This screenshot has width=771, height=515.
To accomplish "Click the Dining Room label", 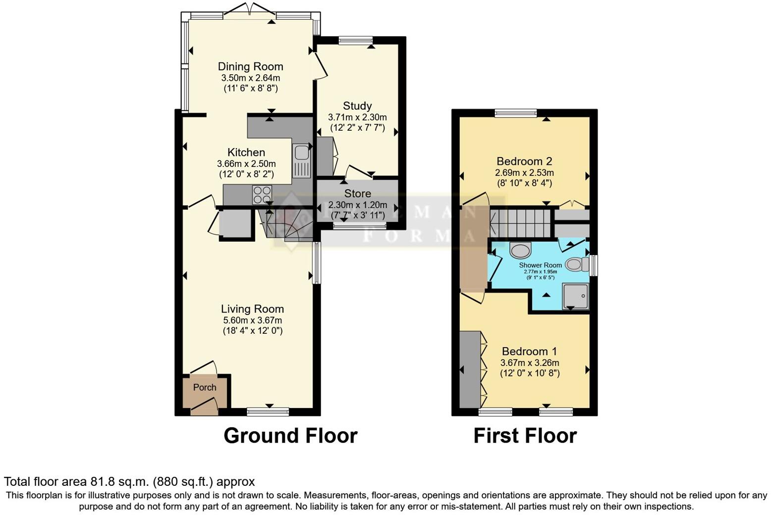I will tap(250, 66).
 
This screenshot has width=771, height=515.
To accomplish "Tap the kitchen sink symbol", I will tap(301, 160).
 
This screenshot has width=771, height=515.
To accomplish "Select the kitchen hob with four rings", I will tap(262, 194).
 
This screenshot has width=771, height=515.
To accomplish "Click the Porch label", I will tap(205, 387).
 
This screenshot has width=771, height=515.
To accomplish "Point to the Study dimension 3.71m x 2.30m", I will tap(357, 117).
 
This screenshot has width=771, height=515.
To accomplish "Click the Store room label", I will tap(357, 193).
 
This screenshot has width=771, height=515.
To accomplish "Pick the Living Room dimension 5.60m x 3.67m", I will tap(252, 320).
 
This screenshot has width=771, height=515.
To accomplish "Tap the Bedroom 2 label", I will tap(524, 161).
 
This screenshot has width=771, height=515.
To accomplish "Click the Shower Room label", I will tap(540, 265).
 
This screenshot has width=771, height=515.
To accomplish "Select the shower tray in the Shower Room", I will tap(575, 296).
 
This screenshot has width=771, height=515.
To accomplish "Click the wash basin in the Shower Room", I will tap(520, 251).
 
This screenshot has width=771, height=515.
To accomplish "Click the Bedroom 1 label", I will tap(529, 351).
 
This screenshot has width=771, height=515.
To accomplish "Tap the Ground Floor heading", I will tap(290, 436).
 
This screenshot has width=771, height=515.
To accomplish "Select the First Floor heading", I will tap(525, 436).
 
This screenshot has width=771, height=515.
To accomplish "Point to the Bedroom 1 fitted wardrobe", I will tap(470, 369).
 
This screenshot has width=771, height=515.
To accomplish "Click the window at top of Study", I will tap(355, 40).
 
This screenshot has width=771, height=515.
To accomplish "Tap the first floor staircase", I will tap(520, 223).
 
